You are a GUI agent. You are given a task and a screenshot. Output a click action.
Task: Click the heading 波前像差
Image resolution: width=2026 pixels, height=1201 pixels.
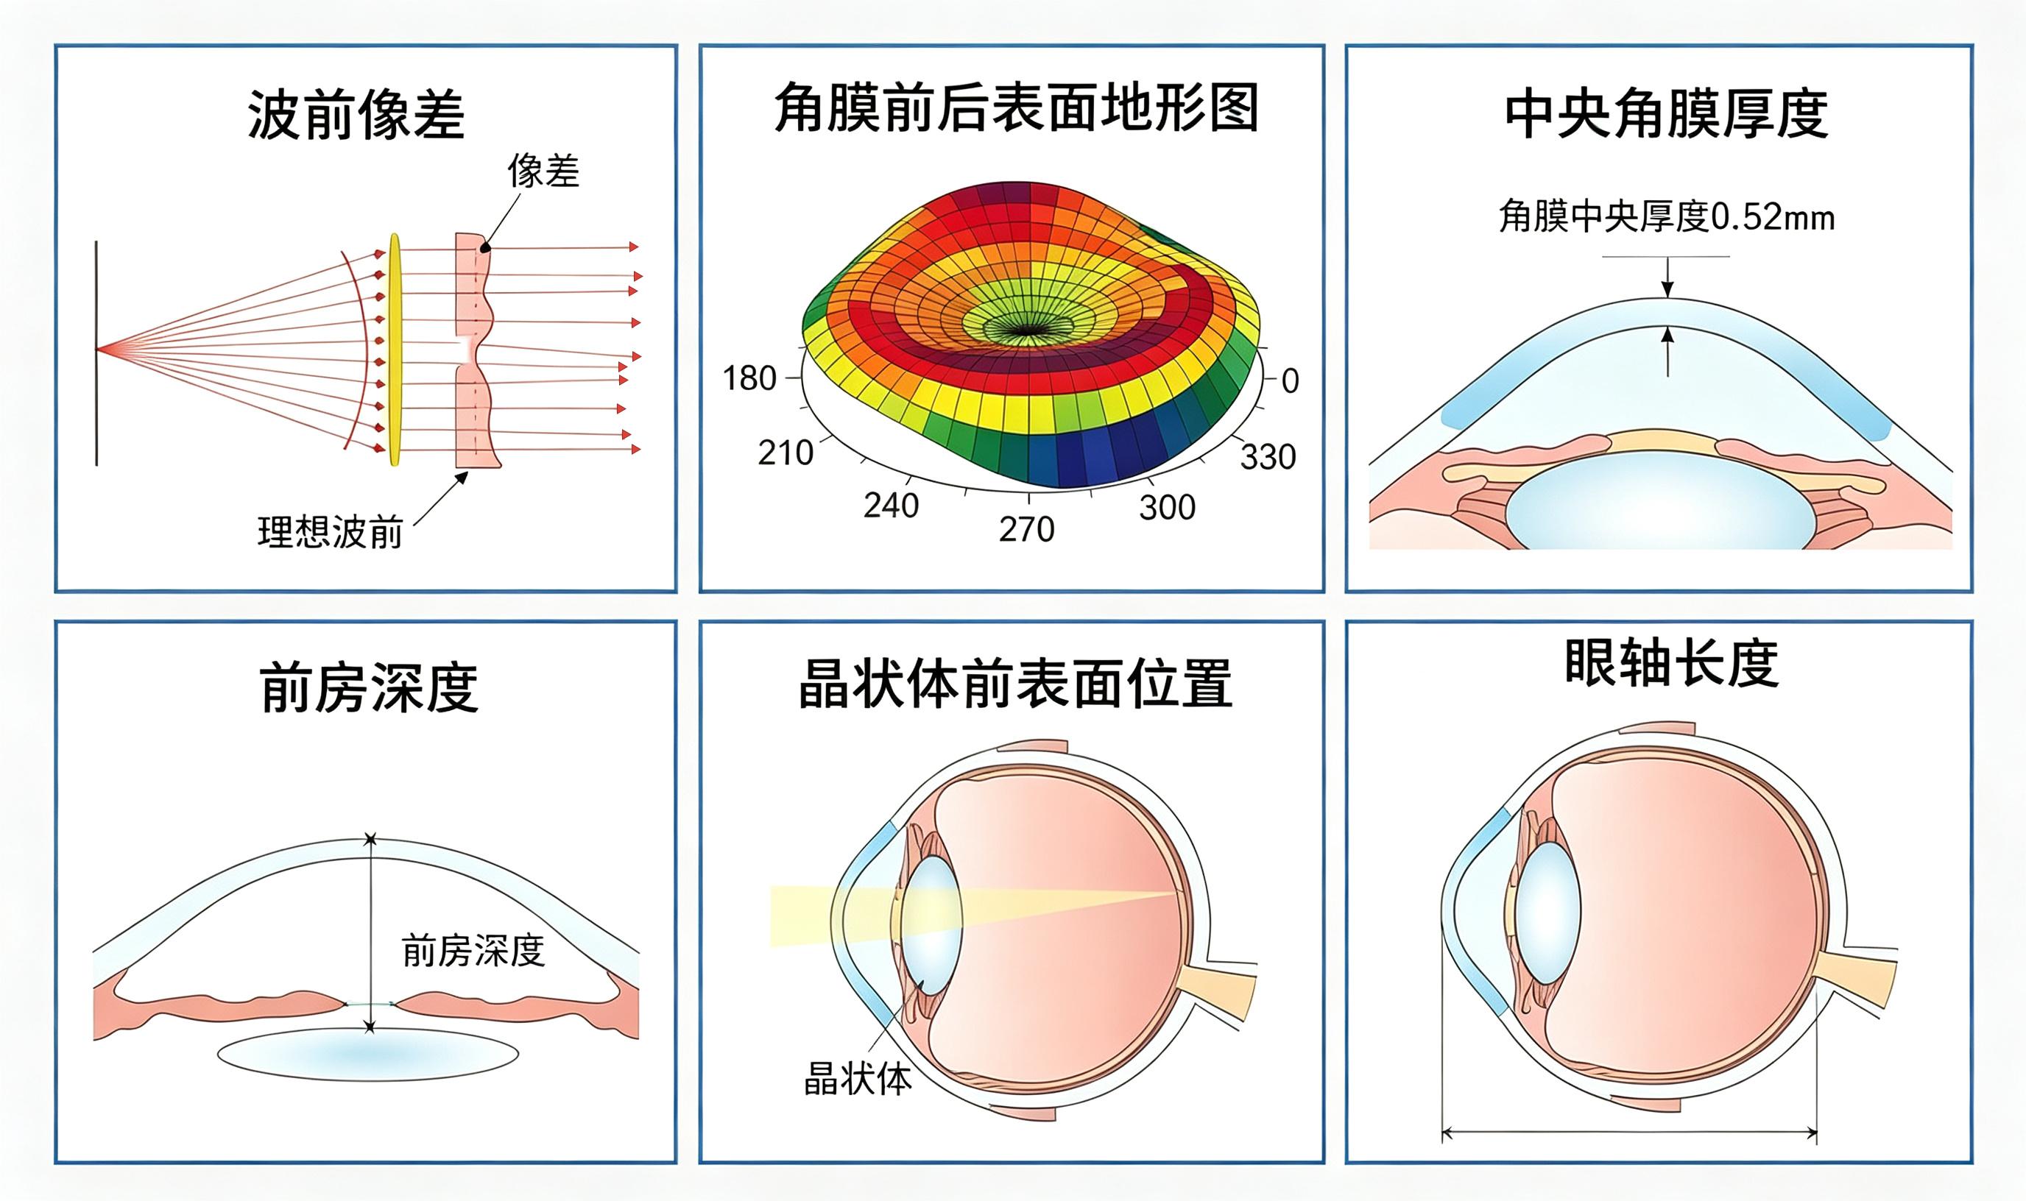click(x=356, y=115)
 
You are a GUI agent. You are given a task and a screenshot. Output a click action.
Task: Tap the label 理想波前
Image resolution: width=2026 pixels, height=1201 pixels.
click(x=331, y=532)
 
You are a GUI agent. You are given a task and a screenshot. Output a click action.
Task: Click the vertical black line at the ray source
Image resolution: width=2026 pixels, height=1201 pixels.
click(x=96, y=352)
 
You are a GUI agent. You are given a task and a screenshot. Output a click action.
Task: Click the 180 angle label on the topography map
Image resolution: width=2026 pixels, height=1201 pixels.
click(x=749, y=378)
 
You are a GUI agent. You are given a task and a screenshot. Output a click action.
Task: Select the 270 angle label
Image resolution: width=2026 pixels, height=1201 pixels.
click(x=1026, y=529)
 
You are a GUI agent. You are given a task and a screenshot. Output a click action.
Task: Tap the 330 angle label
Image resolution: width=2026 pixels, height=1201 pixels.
click(x=1268, y=457)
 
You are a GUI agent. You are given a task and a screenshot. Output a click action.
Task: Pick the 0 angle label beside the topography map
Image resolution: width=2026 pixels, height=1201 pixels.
click(x=1291, y=380)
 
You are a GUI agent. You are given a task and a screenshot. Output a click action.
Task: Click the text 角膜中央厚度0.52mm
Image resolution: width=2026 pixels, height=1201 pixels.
click(x=1667, y=217)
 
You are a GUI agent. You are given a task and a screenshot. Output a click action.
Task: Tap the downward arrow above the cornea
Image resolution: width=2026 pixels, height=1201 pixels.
click(x=1667, y=277)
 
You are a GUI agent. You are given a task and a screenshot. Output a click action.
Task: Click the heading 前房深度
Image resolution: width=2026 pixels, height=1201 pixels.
click(x=369, y=688)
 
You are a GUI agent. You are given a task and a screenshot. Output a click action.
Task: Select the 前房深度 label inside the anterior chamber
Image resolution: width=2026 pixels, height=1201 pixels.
click(x=473, y=950)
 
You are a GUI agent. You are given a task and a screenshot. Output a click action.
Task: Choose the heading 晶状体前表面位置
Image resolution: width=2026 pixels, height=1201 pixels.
click(x=1015, y=684)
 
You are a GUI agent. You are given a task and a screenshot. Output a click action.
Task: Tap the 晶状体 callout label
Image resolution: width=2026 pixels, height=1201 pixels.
click(x=858, y=1079)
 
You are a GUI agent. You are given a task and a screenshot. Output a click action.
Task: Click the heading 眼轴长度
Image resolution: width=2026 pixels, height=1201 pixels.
click(x=1670, y=664)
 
